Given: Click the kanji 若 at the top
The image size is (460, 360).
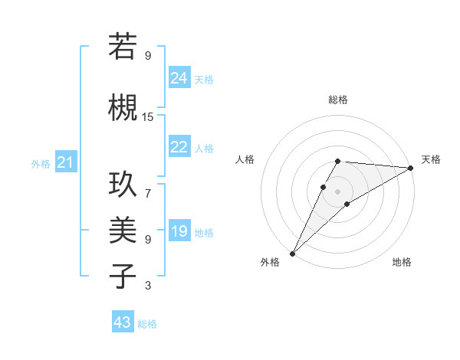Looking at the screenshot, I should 123,47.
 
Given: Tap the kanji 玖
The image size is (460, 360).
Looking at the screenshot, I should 123,184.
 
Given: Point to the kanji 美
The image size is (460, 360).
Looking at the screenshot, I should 123,230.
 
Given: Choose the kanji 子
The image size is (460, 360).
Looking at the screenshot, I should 123,276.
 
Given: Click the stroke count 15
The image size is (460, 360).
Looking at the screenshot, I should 148,117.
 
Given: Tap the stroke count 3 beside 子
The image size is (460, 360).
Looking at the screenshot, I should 148,286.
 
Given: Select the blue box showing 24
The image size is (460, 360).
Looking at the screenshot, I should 179,78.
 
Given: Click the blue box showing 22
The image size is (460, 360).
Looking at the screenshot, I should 179,147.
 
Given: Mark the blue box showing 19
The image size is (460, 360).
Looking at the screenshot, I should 179,231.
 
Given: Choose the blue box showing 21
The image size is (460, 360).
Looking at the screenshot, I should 65,162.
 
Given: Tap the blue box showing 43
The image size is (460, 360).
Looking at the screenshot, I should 122,322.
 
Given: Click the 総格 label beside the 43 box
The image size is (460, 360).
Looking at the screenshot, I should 147,324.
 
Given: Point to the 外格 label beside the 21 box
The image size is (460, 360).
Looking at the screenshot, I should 41,164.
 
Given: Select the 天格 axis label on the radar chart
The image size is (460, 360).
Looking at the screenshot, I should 431,159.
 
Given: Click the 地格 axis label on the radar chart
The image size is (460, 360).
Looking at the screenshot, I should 402,262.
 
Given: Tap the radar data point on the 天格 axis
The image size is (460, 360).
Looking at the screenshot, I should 411,168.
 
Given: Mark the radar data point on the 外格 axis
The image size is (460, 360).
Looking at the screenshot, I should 292,253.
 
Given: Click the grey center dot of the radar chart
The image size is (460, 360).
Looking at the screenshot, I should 337,191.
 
